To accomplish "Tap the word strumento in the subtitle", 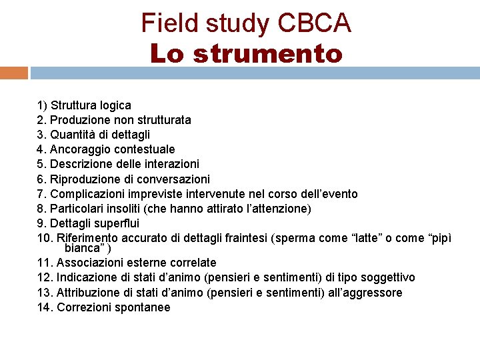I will [x=267, y=53].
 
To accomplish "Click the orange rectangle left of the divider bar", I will [x=13, y=73].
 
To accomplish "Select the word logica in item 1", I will [x=115, y=105].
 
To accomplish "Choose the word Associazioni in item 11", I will [x=89, y=263].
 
